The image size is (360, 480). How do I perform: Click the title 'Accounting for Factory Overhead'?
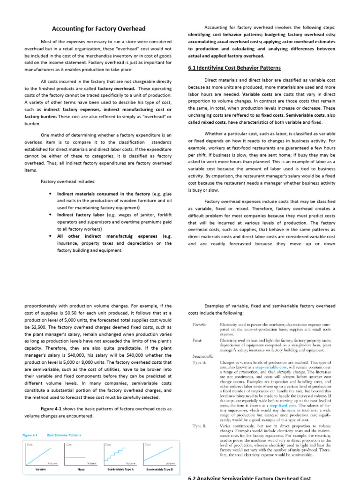98,29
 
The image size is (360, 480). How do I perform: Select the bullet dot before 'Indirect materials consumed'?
50,194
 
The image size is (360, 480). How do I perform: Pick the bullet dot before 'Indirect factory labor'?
50,214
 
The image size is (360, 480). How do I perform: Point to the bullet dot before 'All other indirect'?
50,236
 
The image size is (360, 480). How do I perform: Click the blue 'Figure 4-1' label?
31,435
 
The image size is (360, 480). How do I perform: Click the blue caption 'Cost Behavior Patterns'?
64,435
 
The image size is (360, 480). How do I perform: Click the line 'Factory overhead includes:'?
68,181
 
